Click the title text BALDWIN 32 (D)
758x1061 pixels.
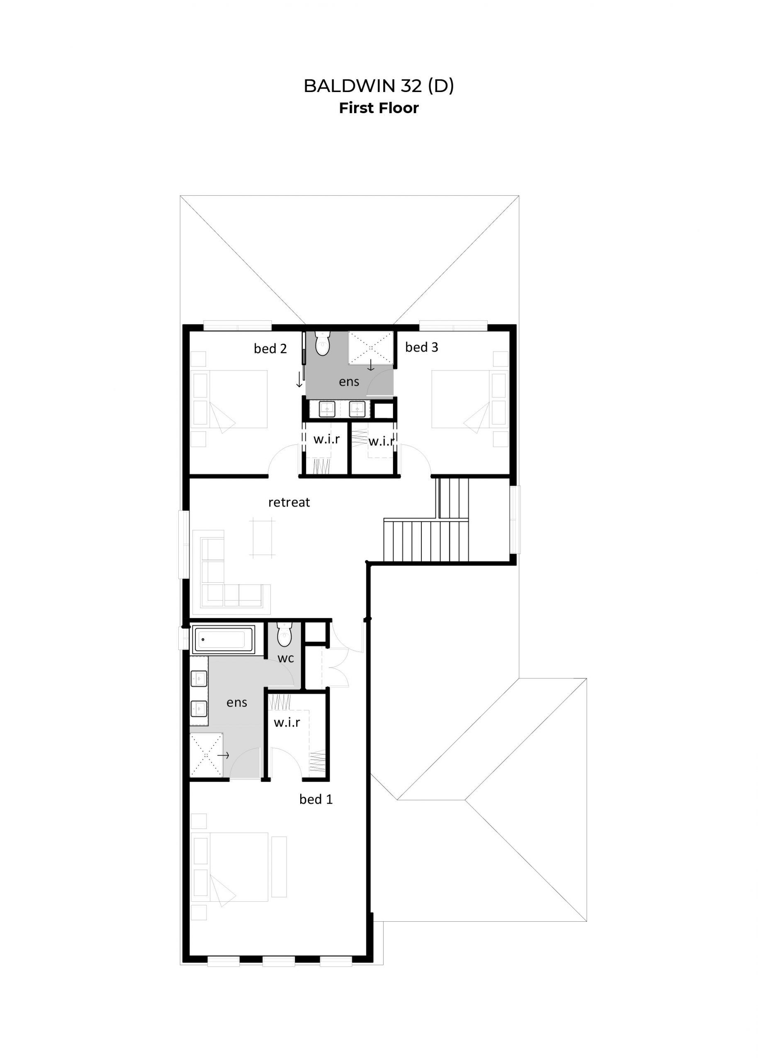click(379, 86)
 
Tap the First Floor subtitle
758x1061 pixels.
click(379, 108)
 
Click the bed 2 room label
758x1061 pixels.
click(270, 349)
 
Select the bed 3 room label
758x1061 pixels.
click(421, 347)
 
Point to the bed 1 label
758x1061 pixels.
click(316, 799)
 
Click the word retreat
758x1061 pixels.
click(289, 502)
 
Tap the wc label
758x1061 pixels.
click(286, 658)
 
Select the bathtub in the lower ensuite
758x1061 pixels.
click(224, 639)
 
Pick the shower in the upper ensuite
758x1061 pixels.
click(371, 347)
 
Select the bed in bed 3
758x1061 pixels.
click(469, 399)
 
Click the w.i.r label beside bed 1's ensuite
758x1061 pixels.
click(287, 722)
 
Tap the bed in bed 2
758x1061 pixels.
click(229, 399)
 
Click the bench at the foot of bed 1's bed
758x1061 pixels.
click(279, 867)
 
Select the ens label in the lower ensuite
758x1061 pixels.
click(237, 702)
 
